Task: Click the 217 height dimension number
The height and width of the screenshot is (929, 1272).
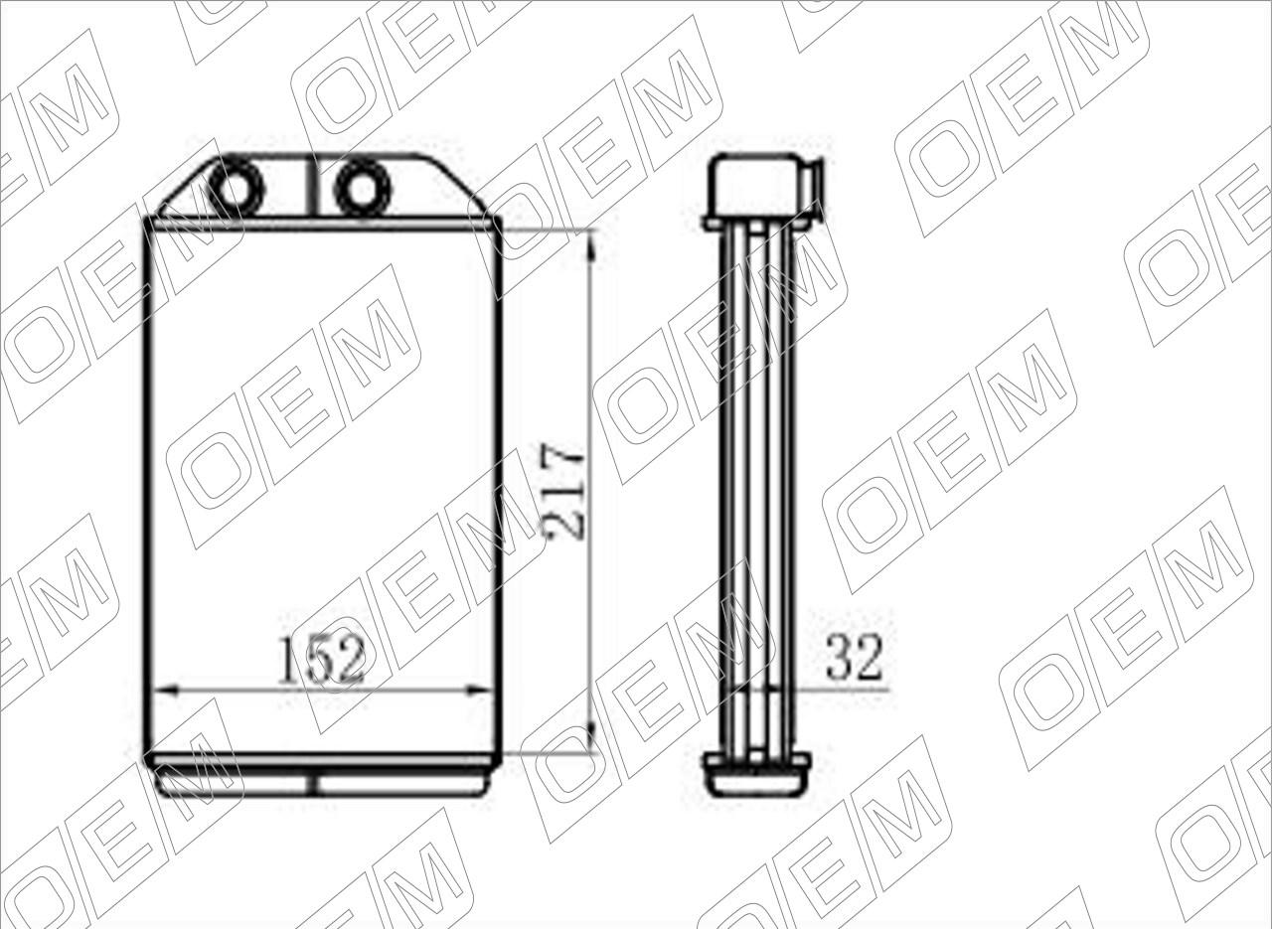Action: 562,492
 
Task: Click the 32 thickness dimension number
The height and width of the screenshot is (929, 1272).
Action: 855,658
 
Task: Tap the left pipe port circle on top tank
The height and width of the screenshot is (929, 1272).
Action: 237,188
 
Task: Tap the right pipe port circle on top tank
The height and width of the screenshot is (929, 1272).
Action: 363,188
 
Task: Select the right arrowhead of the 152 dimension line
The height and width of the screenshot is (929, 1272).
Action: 479,691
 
